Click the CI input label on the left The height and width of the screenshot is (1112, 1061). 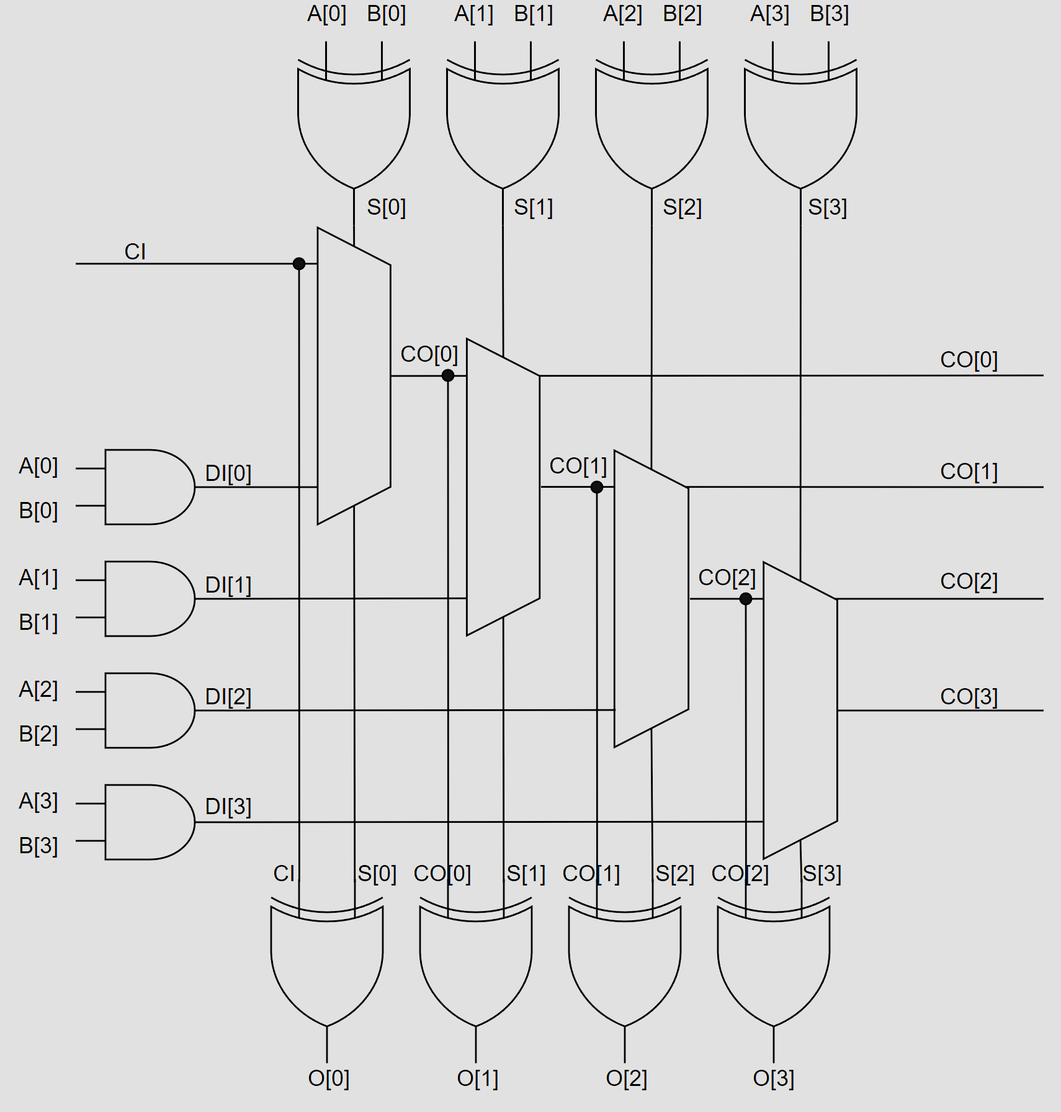pyautogui.click(x=135, y=252)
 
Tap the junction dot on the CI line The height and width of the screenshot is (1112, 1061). pyautogui.click(x=299, y=264)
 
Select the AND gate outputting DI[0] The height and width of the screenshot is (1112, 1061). pyautogui.click(x=150, y=487)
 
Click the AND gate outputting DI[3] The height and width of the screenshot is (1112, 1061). pyautogui.click(x=150, y=822)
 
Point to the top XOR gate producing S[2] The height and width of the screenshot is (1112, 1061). pyautogui.click(x=651, y=124)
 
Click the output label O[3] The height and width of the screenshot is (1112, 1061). pyautogui.click(x=774, y=1078)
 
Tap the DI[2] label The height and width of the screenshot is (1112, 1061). pyautogui.click(x=228, y=697)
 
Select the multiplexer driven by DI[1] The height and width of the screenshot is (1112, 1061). pyautogui.click(x=503, y=487)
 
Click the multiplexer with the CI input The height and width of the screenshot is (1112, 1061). pyautogui.click(x=354, y=376)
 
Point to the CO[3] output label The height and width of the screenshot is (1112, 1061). pyautogui.click(x=969, y=697)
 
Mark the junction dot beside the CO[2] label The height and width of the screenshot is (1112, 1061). pyautogui.click(x=746, y=599)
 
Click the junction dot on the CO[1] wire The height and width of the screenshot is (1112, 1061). pyautogui.click(x=597, y=487)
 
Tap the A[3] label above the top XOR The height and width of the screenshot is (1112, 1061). pyautogui.click(x=770, y=14)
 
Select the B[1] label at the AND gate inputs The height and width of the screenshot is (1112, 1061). pyautogui.click(x=38, y=622)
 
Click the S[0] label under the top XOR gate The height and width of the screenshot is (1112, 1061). pyautogui.click(x=387, y=207)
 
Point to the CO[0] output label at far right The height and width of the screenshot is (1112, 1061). pyautogui.click(x=969, y=360)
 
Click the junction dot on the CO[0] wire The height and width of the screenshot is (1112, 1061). pyautogui.click(x=448, y=375)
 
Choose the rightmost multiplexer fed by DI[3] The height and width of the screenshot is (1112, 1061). pyautogui.click(x=800, y=711)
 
